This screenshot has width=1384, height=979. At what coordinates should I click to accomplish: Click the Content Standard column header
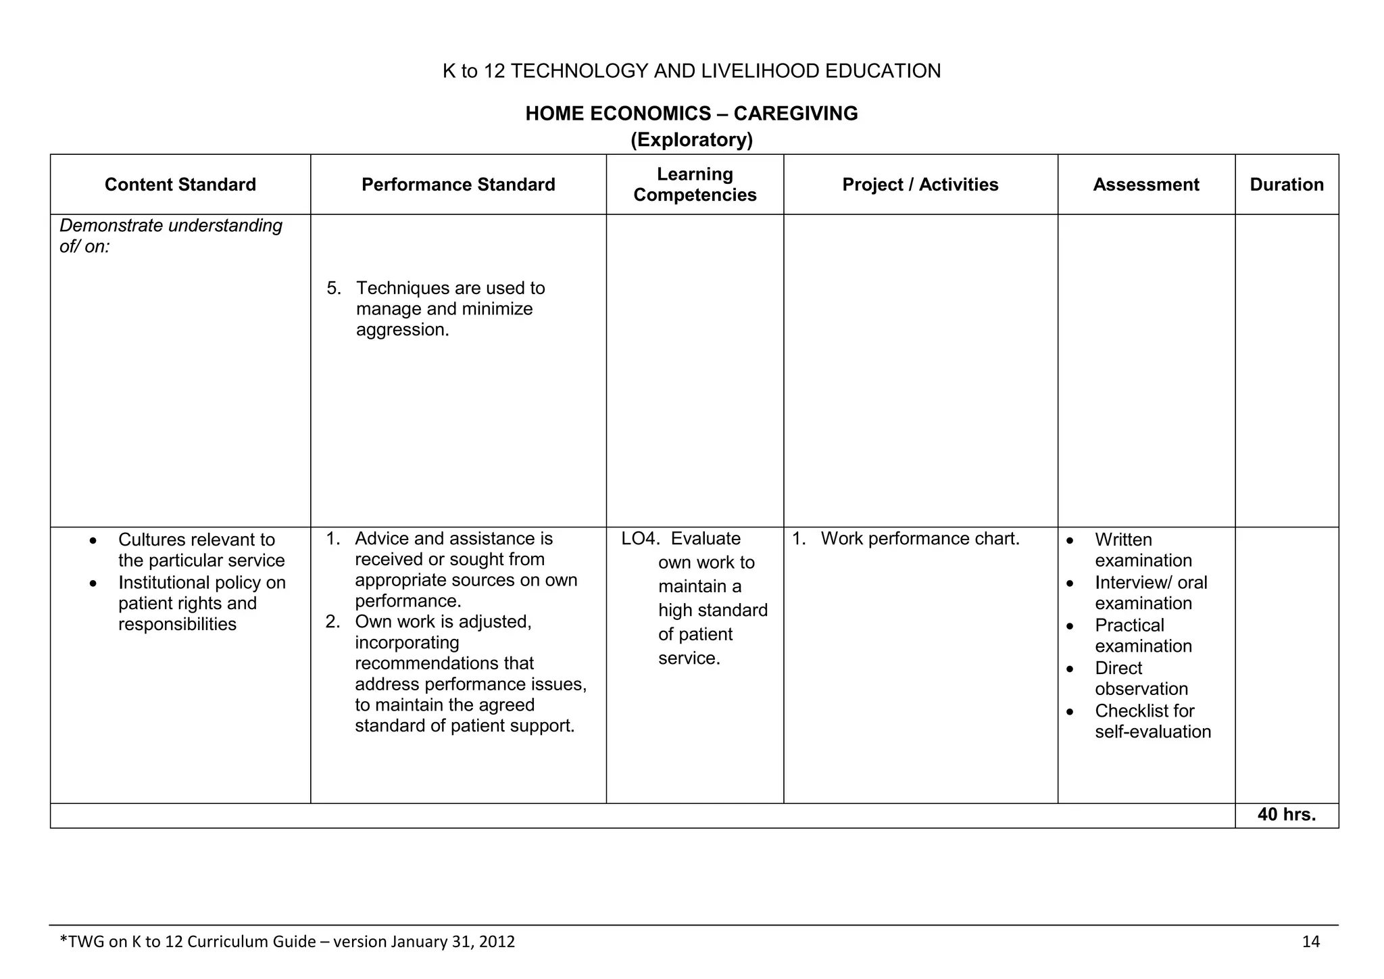coord(180,185)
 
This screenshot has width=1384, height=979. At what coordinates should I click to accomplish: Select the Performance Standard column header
coord(458,185)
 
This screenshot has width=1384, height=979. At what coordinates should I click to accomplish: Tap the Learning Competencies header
coord(695,185)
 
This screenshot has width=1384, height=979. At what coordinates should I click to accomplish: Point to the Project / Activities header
coord(920,185)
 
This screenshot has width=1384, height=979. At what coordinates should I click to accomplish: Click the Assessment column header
coord(1145,185)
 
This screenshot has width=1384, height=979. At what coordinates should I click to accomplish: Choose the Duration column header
coord(1286,185)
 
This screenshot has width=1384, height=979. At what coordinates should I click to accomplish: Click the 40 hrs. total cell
coord(1286,815)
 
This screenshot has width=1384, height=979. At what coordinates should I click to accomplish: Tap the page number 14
coord(1310,942)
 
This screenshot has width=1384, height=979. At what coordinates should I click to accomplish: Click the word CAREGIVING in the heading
coord(795,113)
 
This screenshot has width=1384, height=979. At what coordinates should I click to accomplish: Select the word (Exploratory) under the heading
coord(691,140)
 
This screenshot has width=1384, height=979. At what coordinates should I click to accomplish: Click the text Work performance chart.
coord(920,539)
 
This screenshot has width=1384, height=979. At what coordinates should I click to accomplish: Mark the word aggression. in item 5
coord(402,330)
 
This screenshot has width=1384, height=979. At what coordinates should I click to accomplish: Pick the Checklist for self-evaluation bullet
coord(1152,721)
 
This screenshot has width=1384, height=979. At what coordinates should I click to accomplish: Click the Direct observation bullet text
coord(1141,678)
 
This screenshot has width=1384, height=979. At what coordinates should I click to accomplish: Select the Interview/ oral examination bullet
coord(1150,593)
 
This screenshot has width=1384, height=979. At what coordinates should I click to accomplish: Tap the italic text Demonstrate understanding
coord(171,226)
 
